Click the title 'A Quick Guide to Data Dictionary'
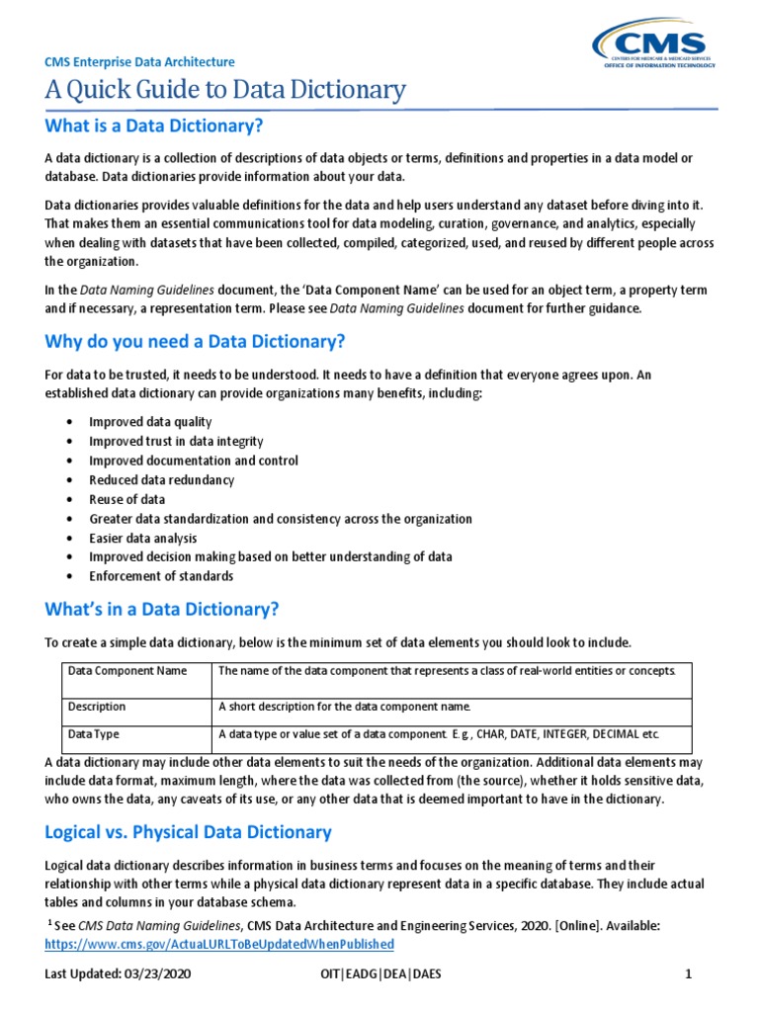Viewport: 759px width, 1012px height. (x=225, y=91)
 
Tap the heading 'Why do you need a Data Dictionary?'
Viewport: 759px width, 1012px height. (x=196, y=342)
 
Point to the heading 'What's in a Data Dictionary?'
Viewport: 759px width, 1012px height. (x=163, y=608)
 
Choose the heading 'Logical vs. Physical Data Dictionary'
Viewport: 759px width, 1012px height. (x=189, y=831)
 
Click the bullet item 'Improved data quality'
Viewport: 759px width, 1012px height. (x=150, y=422)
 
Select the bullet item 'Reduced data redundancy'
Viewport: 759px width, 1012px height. (x=162, y=480)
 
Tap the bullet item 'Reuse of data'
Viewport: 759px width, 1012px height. (x=127, y=499)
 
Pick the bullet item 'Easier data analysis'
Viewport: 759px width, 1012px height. (x=143, y=539)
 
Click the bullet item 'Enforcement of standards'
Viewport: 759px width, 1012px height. (x=161, y=576)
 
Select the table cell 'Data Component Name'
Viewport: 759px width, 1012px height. (x=127, y=672)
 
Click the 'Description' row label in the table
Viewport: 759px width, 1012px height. (x=97, y=707)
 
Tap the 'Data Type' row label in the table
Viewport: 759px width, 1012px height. (x=94, y=736)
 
